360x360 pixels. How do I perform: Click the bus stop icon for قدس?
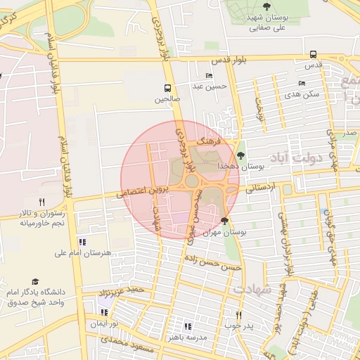pyautogui.click(x=313, y=54)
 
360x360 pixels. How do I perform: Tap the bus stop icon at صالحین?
pyautogui.click(x=167, y=89)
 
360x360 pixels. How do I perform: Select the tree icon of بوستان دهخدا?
pyautogui.click(x=241, y=155)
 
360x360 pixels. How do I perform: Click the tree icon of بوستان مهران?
pyautogui.click(x=224, y=221)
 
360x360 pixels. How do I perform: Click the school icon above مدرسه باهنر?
pyautogui.click(x=187, y=326)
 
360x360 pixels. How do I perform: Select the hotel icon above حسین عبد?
pyautogui.click(x=209, y=76)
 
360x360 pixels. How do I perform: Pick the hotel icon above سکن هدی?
pyautogui.click(x=302, y=83)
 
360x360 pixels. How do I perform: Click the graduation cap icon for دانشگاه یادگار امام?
pyautogui.click(x=35, y=280)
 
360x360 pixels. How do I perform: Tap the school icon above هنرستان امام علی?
pyautogui.click(x=82, y=243)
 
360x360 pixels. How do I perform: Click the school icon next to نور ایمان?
pyautogui.click(x=105, y=313)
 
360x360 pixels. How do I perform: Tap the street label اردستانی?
pyautogui.click(x=259, y=188)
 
